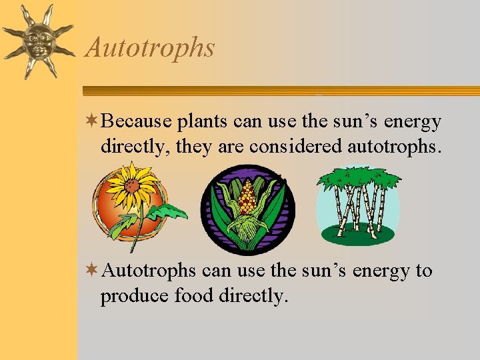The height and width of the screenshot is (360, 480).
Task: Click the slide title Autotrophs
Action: click(151, 48)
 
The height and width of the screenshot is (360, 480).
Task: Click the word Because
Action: click(137, 122)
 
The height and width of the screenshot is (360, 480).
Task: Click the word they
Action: click(193, 147)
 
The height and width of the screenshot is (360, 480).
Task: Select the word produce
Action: click(135, 295)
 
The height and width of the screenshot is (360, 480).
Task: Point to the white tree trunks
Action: click(357, 210)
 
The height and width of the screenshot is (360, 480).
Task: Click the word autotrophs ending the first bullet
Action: click(394, 146)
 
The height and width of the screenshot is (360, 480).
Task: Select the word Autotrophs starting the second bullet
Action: click(149, 271)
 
